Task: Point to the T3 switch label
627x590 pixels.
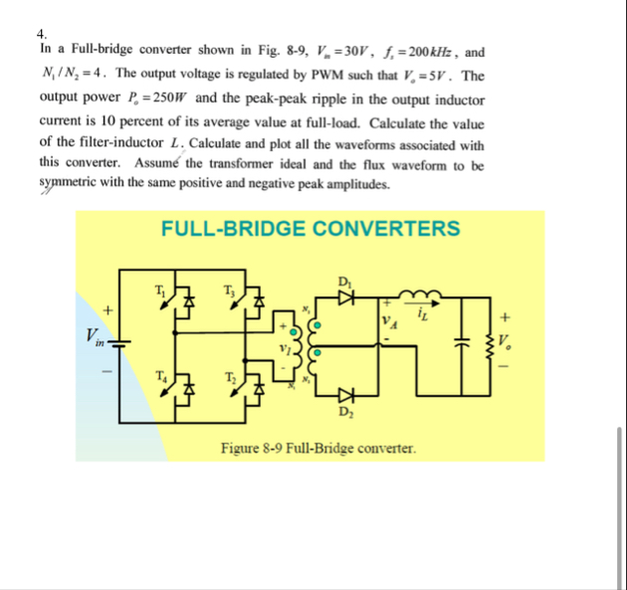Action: pos(228,290)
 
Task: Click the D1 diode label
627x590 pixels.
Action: pos(345,280)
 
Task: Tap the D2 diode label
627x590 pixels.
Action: pos(345,411)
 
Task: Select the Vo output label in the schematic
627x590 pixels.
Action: pos(510,341)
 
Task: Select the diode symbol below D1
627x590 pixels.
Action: pos(345,296)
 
